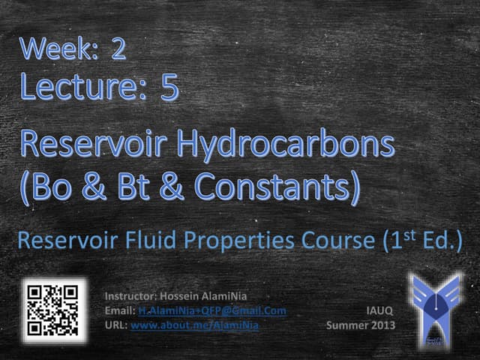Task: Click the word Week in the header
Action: point(54,49)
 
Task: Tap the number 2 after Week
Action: point(118,49)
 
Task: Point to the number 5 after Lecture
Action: point(169,88)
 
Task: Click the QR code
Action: point(51,310)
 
